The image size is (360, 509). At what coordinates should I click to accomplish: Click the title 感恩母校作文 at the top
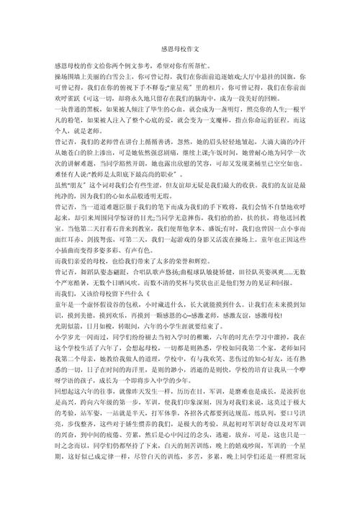[180, 49]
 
